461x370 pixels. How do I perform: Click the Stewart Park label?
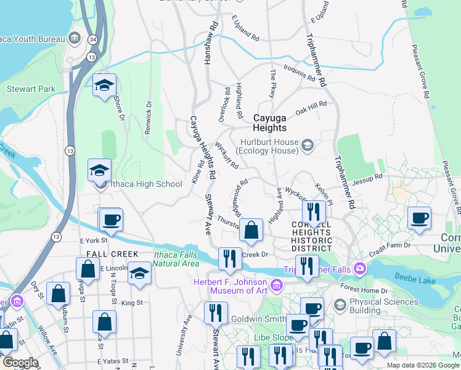(31, 89)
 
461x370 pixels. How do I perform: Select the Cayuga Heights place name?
(269, 122)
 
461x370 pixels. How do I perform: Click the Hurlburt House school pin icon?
(308, 146)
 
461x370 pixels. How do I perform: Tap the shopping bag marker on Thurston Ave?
(251, 231)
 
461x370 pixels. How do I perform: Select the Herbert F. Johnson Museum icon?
(277, 285)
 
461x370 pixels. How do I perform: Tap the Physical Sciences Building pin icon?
(339, 305)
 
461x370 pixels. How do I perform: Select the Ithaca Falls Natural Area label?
(176, 259)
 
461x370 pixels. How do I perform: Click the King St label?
(132, 303)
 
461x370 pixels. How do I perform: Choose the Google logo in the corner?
(20, 363)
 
